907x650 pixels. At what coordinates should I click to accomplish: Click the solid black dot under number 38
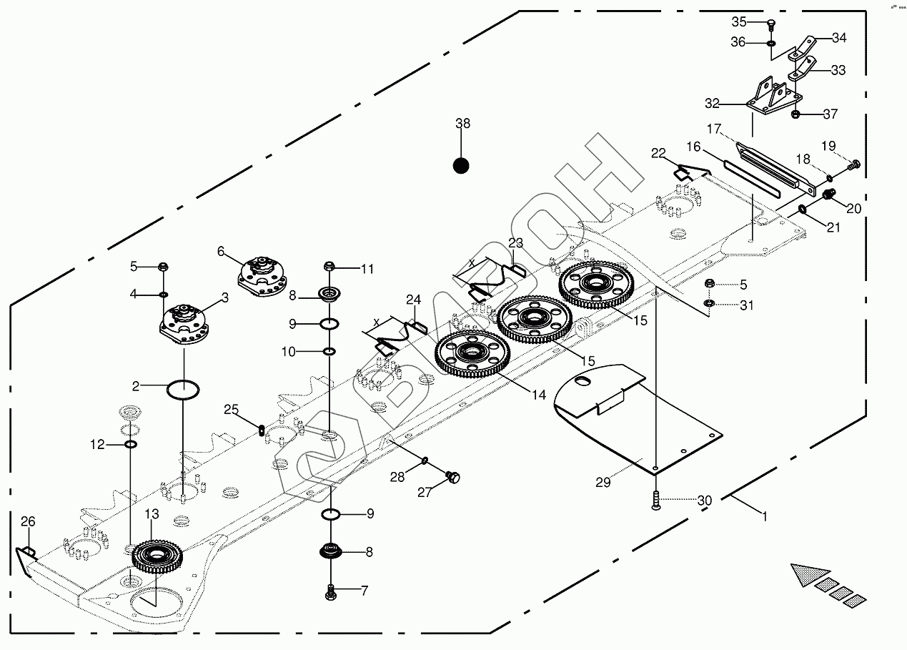(462, 167)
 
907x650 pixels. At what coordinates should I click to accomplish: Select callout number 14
(538, 395)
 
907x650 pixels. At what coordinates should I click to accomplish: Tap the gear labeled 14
(472, 354)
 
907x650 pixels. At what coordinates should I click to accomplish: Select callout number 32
(711, 104)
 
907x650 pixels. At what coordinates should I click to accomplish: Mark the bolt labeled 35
(771, 27)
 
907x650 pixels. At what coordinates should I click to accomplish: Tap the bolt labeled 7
(330, 591)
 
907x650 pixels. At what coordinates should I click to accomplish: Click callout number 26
(27, 522)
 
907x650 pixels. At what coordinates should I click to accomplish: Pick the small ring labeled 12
(131, 445)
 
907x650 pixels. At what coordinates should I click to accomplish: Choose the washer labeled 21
(802, 210)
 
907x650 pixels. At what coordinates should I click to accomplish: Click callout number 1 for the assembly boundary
(765, 516)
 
